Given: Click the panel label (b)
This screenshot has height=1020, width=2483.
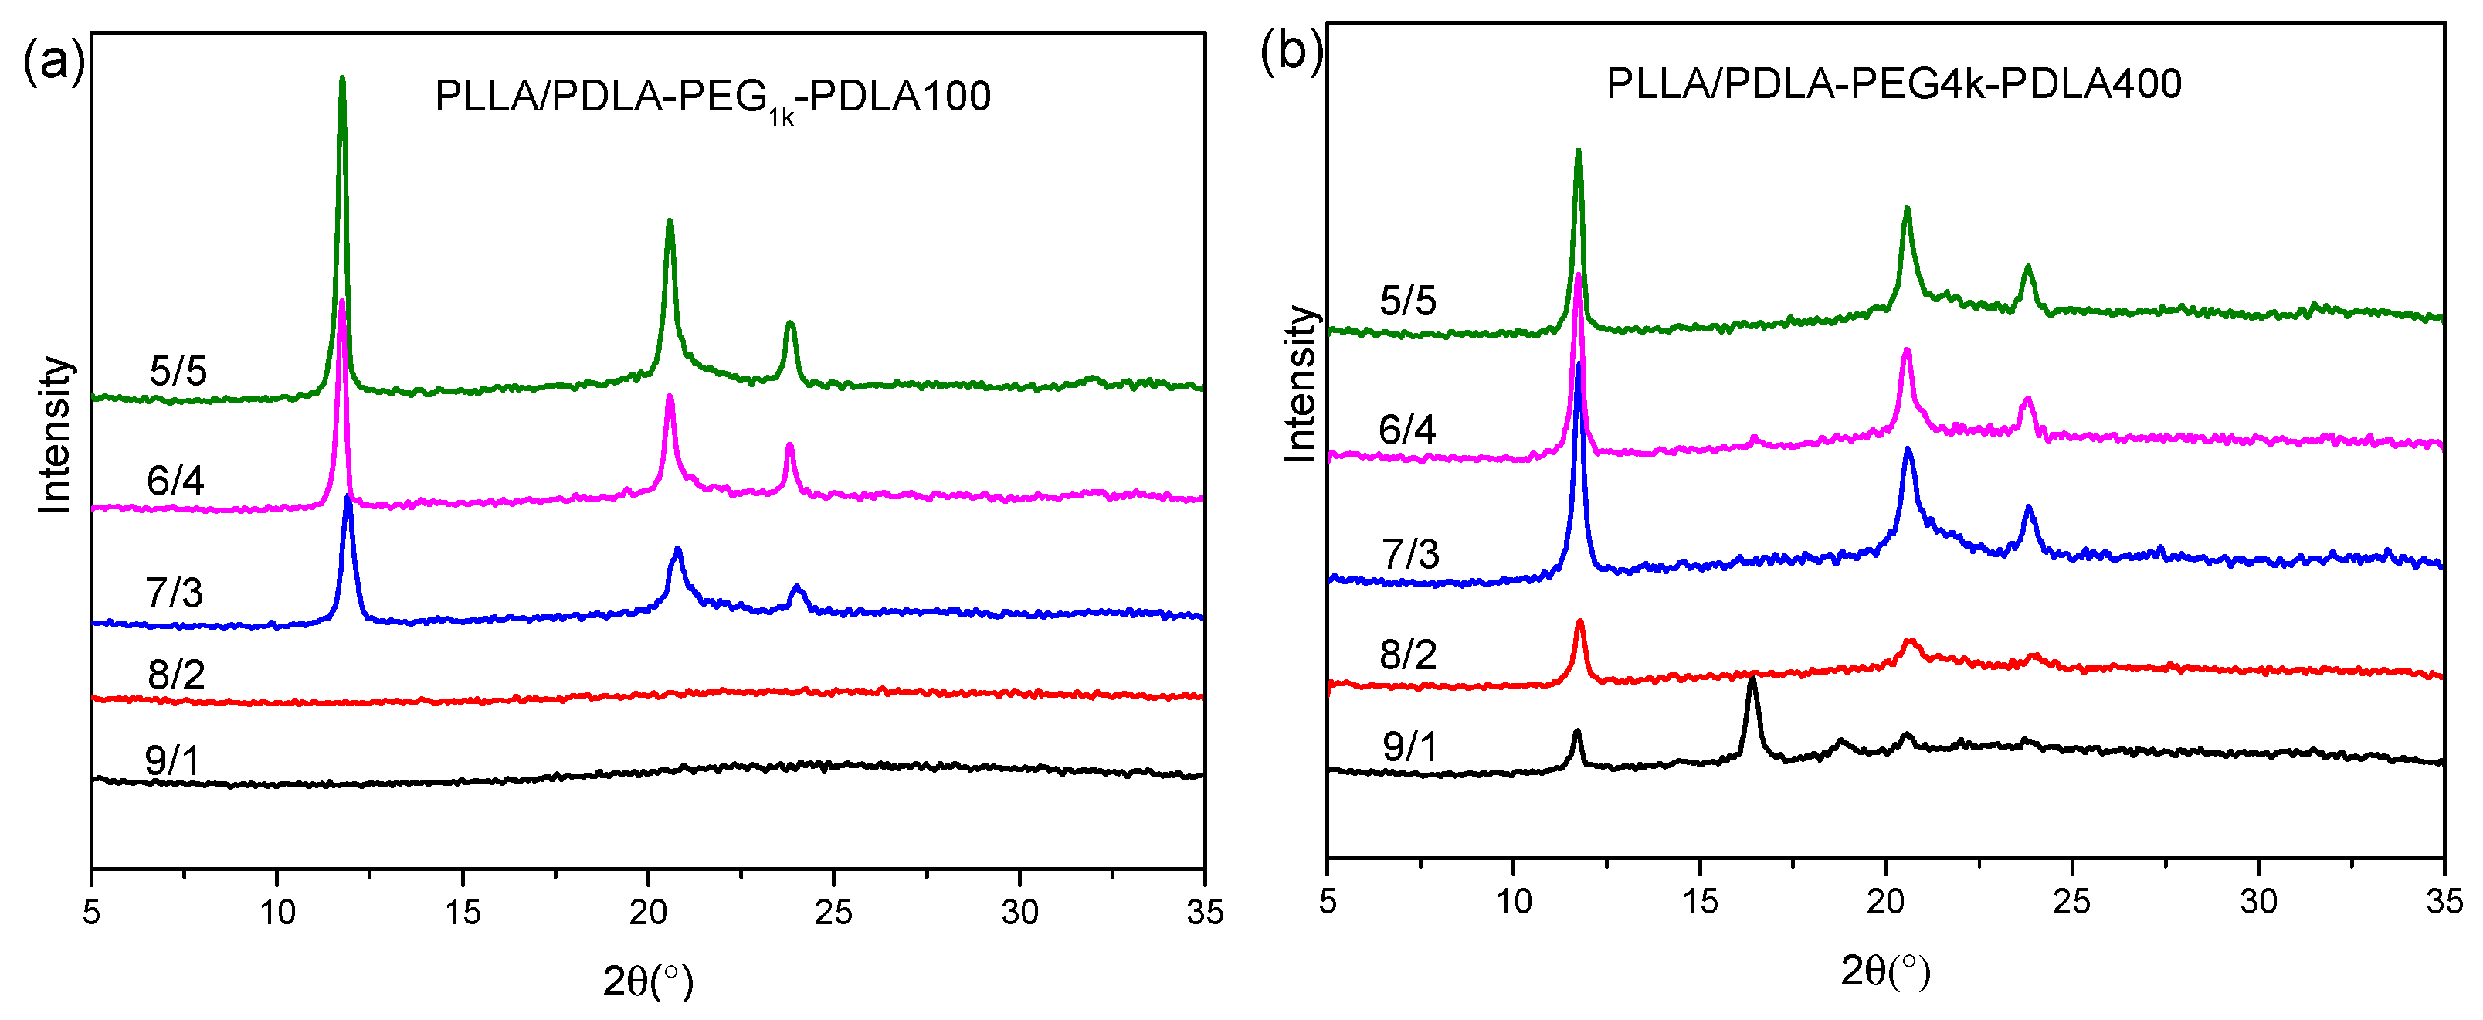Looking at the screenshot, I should pyautogui.click(x=1291, y=51).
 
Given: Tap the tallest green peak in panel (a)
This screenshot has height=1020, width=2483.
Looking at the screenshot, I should pyautogui.click(x=342, y=82).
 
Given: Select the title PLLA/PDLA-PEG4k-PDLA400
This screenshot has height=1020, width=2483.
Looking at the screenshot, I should pyautogui.click(x=1893, y=84).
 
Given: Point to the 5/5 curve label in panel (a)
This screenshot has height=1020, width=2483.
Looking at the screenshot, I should pyautogui.click(x=178, y=371).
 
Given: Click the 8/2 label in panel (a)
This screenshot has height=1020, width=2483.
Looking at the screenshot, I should pyautogui.click(x=176, y=674).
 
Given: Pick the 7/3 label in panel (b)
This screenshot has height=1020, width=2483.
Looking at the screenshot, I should pyautogui.click(x=1410, y=554).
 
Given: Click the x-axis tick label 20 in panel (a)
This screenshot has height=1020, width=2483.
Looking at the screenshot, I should pyautogui.click(x=648, y=911).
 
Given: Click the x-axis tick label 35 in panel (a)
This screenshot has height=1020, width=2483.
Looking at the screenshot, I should pyautogui.click(x=1204, y=911).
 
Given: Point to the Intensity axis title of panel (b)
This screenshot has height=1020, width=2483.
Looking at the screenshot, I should pyautogui.click(x=1301, y=384).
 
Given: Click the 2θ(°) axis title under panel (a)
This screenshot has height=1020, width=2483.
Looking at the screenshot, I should pyautogui.click(x=648, y=981).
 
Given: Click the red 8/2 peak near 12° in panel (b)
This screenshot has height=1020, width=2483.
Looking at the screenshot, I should pyautogui.click(x=1579, y=623).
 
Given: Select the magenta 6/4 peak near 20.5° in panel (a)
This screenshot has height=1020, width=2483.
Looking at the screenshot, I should pyautogui.click(x=670, y=398).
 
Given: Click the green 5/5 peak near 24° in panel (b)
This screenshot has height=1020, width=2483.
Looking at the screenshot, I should pyautogui.click(x=2028, y=268).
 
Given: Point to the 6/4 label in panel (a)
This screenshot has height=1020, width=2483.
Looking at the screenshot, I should pyautogui.click(x=175, y=480).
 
